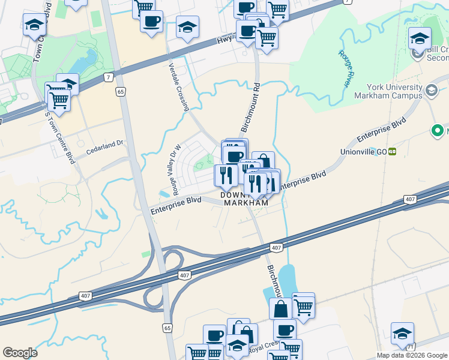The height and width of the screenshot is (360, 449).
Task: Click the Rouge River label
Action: [344, 68]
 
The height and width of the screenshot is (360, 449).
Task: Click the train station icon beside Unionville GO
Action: [392, 151]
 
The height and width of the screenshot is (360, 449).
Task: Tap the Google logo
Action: [20, 353]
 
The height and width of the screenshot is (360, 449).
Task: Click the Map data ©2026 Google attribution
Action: [411, 355]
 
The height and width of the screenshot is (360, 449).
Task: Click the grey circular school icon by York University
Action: [430, 91]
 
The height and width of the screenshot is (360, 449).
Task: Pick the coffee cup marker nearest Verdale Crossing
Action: [151, 22]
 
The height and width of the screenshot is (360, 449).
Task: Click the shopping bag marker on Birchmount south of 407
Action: [280, 309]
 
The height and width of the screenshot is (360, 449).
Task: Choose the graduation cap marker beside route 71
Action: [402, 334]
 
